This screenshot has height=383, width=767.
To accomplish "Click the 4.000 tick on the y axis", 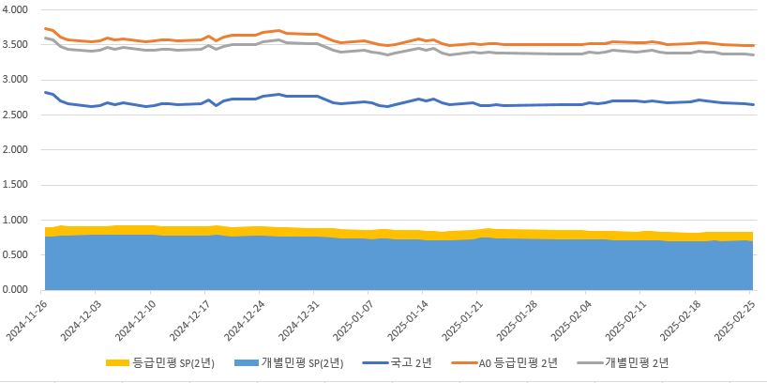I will point(18,9).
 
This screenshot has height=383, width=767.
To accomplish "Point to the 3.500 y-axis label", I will point(18,44).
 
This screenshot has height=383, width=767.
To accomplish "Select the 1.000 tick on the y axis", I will point(18,220).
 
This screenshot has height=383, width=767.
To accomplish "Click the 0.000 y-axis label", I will point(18,290).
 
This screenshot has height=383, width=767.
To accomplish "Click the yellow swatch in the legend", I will point(115,361).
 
